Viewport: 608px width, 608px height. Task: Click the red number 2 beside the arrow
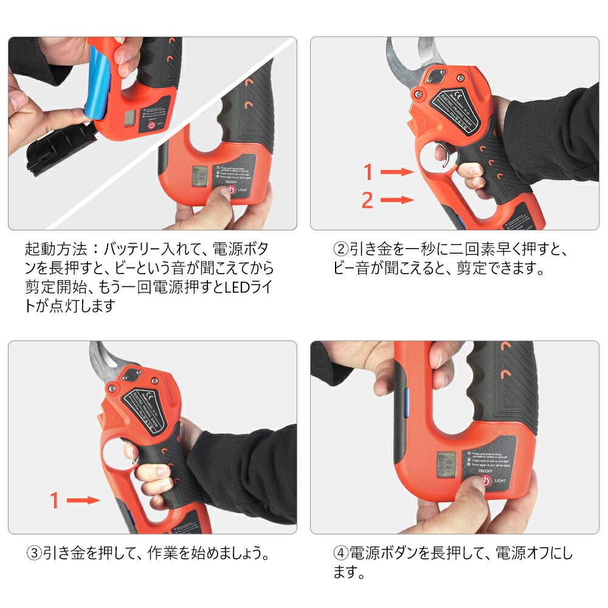367,199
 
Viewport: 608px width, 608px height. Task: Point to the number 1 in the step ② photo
367,173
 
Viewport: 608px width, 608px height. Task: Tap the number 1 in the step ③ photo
55,500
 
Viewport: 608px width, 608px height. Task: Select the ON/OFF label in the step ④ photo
484,471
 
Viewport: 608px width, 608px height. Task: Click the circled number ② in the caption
340,249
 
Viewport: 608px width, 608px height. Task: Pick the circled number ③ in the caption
35,554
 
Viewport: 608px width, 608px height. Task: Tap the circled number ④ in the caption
340,554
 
